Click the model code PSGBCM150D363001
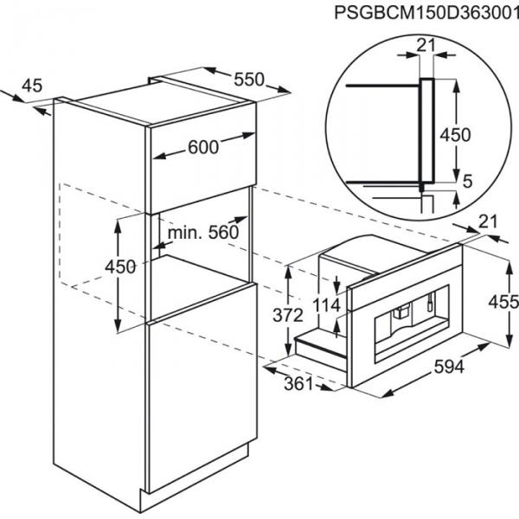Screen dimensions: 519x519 pos(426,13)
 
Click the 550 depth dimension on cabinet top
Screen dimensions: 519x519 pos(249,80)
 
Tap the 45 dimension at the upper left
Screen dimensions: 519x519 pos(32,86)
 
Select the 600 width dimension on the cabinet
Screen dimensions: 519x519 pos(203,147)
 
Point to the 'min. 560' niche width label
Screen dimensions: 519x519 pos(203,233)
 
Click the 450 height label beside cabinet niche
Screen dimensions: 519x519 pos(120,266)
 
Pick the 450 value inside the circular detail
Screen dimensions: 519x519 pos(455,135)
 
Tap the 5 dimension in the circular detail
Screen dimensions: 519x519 pos(467,181)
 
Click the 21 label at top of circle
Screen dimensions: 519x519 pos(426,45)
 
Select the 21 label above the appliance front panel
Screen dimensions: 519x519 pos(488,221)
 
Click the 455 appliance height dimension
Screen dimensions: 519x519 pos(503,302)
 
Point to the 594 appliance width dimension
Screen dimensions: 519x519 pos(449,367)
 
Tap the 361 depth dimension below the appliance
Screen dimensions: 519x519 pos(298,383)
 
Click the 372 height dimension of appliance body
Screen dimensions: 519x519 pos(288,315)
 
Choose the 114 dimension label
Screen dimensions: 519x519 pos(326,305)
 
